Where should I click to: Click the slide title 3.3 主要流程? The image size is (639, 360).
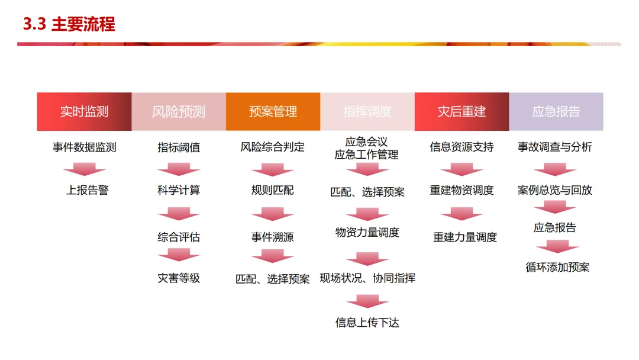(x=69, y=24)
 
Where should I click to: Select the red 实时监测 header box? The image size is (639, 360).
(x=84, y=111)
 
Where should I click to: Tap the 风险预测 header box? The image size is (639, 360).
(x=179, y=111)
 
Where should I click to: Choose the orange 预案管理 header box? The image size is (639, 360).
(x=273, y=111)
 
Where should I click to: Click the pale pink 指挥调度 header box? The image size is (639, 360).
(x=367, y=111)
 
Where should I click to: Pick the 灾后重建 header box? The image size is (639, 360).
(x=461, y=111)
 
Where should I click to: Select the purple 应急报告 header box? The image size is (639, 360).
(x=556, y=111)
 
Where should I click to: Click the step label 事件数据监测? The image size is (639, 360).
(x=84, y=147)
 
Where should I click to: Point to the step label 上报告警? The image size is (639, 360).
(x=87, y=190)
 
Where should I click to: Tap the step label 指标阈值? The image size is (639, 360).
(x=179, y=147)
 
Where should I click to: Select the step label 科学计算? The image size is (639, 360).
(x=179, y=190)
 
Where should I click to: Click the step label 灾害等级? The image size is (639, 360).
(x=179, y=278)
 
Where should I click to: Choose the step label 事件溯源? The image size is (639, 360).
(x=272, y=237)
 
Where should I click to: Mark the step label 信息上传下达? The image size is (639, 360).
(x=367, y=323)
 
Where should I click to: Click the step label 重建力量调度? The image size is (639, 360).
(x=465, y=237)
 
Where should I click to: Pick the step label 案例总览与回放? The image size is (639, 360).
(x=555, y=190)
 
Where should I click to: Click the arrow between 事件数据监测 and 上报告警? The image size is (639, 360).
(x=85, y=169)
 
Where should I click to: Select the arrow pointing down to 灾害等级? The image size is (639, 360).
(x=179, y=255)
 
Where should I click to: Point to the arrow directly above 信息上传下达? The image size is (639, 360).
(x=367, y=302)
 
